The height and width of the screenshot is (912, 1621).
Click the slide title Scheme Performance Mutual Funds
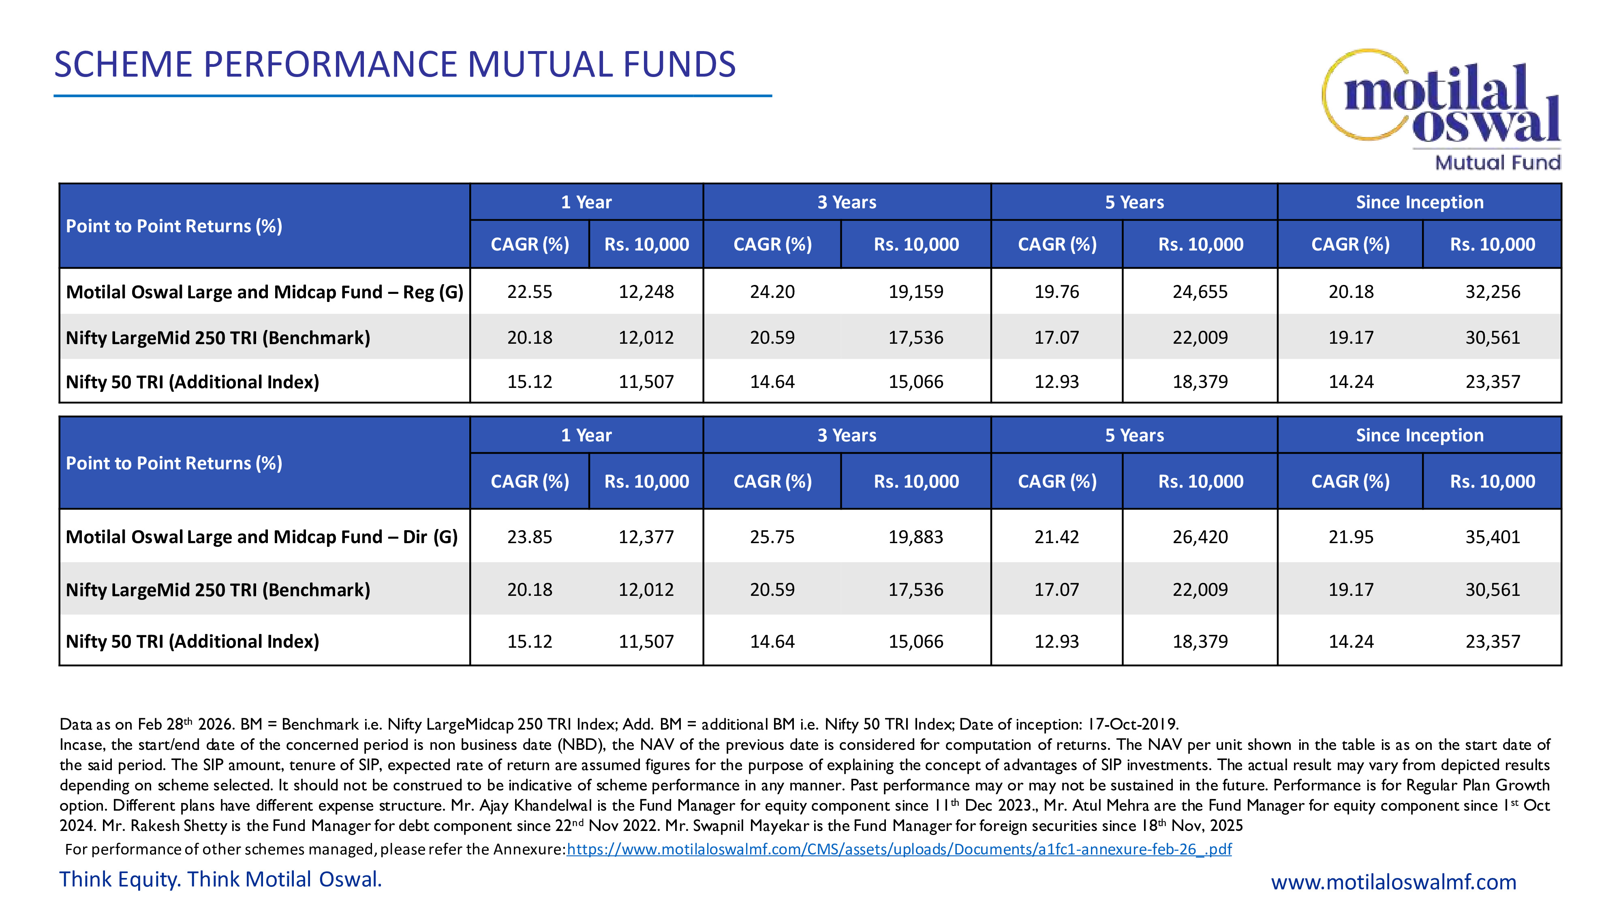[x=395, y=65]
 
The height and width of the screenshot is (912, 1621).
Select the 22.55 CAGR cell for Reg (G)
[x=529, y=292]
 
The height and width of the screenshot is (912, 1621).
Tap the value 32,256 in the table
[x=1492, y=292]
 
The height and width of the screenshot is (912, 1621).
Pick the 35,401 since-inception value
[x=1492, y=537]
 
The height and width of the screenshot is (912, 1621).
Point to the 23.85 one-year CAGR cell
[x=529, y=537]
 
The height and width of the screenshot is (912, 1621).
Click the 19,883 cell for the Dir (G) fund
[x=915, y=537]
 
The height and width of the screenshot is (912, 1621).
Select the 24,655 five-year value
[x=1200, y=292]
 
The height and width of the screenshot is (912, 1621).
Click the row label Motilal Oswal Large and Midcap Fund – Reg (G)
[x=264, y=292]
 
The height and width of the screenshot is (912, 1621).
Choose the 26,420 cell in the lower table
[x=1200, y=537]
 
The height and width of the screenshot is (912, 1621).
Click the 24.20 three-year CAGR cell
[x=772, y=292]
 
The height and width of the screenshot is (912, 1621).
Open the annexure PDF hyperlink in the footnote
[x=898, y=849]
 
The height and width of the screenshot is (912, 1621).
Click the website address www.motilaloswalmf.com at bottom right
[x=1393, y=882]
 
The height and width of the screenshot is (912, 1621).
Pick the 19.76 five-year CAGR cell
[x=1056, y=292]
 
